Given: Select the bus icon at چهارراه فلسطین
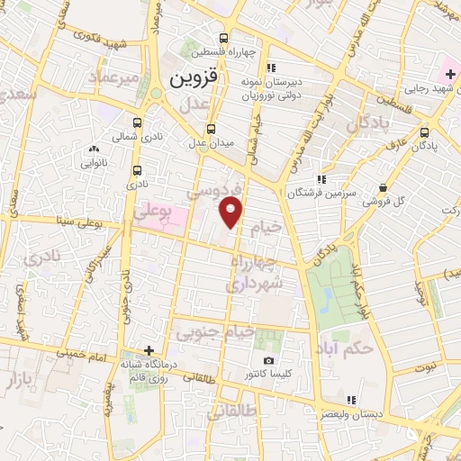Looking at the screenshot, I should click(223, 38).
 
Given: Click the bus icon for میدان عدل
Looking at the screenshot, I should click(212, 129).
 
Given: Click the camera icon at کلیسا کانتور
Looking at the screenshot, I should click(268, 361).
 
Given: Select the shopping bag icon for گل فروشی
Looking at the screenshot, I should click(383, 188).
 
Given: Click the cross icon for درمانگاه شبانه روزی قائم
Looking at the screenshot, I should click(149, 351).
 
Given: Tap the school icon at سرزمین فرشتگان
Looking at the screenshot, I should click(321, 180).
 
